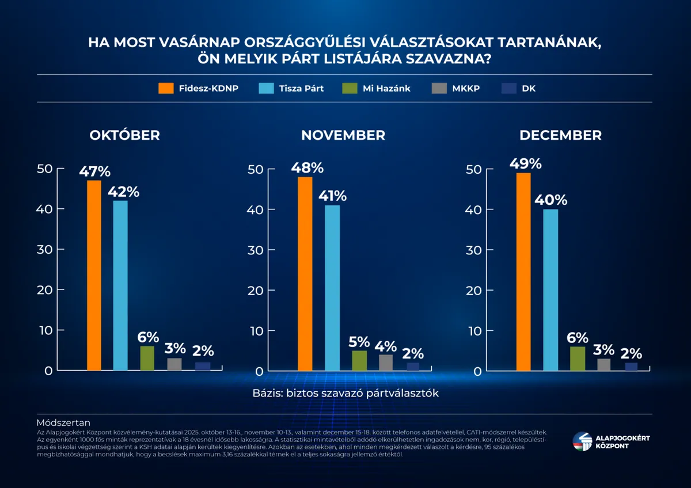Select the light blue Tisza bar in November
click(x=332, y=288)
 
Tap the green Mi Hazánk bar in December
click(x=578, y=359)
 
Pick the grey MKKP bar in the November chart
click(x=386, y=363)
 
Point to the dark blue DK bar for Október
click(x=203, y=366)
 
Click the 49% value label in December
click(x=525, y=164)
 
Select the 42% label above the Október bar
click(x=123, y=192)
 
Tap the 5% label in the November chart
click(x=359, y=342)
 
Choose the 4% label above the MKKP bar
click(x=386, y=346)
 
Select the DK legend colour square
click(x=509, y=89)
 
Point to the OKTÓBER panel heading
click(x=124, y=135)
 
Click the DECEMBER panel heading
click(x=560, y=135)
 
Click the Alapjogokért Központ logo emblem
click(x=582, y=442)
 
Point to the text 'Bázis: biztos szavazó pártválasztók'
click(x=345, y=393)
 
